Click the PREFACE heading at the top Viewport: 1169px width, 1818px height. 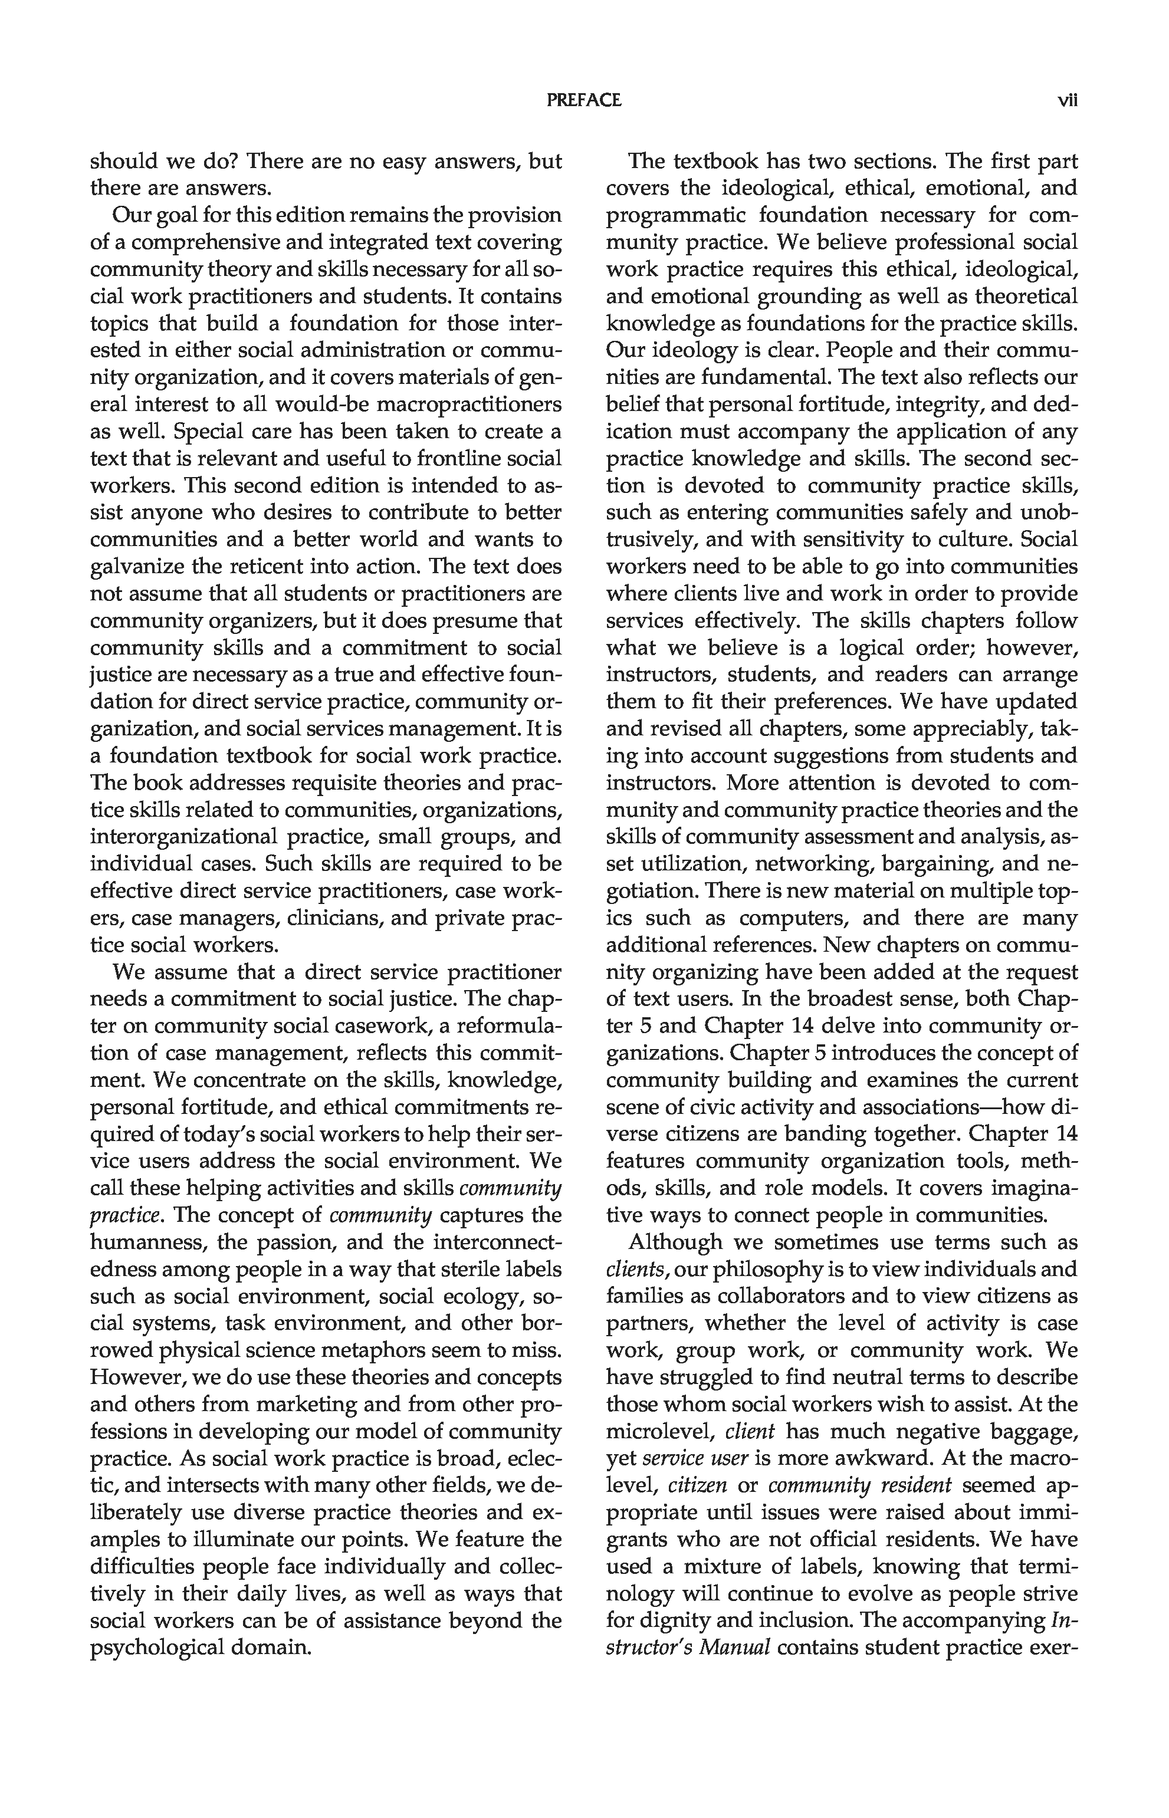584,100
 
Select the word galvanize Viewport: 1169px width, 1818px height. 137,567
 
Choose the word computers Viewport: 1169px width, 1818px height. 793,918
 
